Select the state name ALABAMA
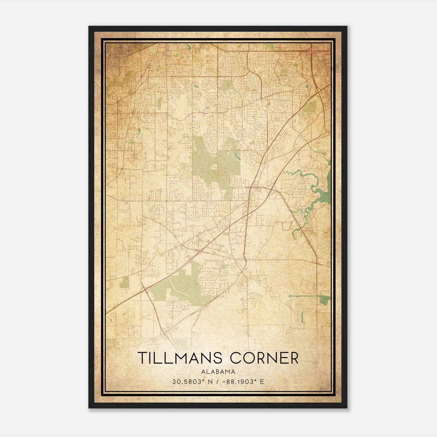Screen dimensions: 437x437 218,371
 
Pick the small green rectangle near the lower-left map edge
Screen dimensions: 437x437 124,282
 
